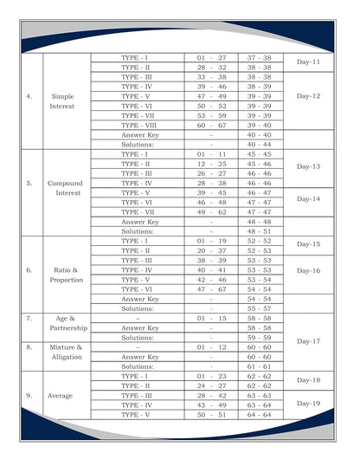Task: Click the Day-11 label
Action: (x=309, y=62)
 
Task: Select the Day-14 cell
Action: (x=309, y=198)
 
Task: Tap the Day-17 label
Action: (x=309, y=341)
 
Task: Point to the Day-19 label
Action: (x=309, y=403)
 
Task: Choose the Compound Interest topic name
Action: (x=66, y=188)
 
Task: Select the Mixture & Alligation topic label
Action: (x=66, y=352)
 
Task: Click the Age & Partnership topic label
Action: (x=66, y=323)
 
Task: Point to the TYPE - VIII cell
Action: (x=138, y=125)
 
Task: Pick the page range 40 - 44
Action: (x=259, y=144)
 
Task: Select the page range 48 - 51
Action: (x=259, y=231)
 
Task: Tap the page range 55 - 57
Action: (x=259, y=308)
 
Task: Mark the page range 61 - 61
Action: (x=259, y=366)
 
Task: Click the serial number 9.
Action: (x=29, y=395)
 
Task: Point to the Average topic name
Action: (x=66, y=395)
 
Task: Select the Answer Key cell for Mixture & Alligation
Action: (x=139, y=357)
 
